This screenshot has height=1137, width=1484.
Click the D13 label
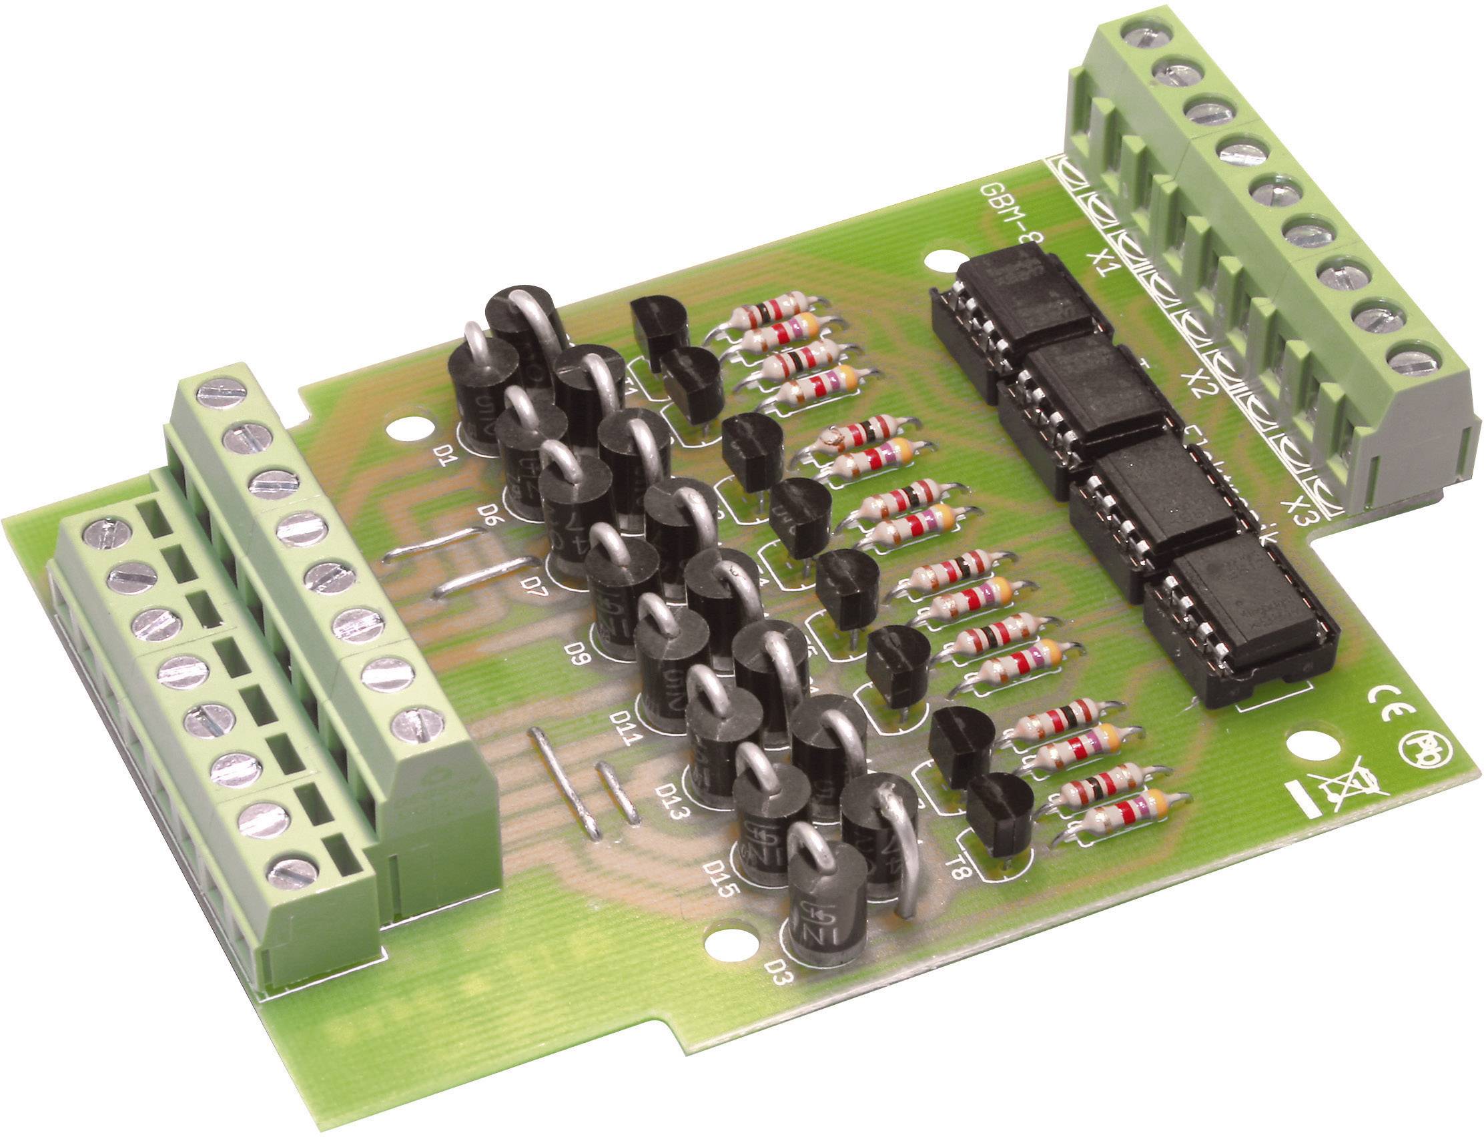(670, 800)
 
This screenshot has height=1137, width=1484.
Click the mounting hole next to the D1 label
(408, 428)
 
